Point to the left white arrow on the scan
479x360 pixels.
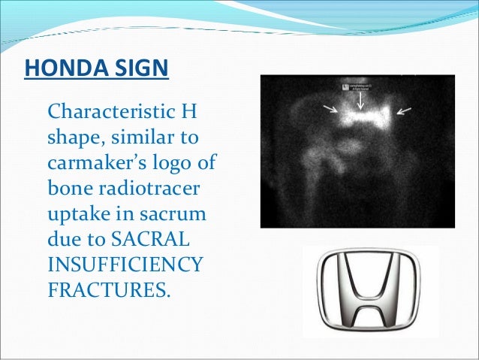click(330, 110)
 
